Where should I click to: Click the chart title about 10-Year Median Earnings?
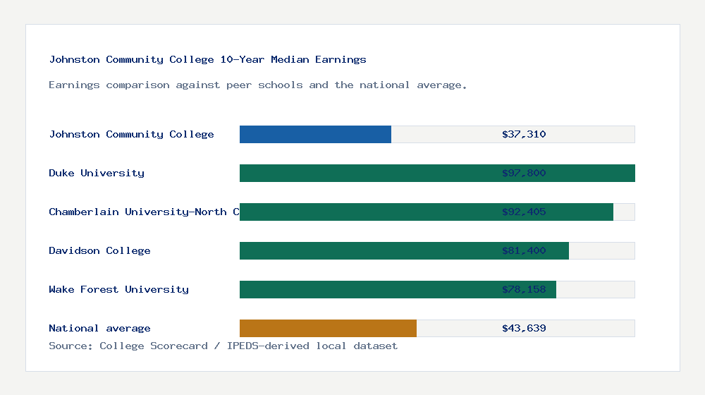coord(207,60)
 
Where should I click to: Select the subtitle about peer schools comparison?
coord(257,85)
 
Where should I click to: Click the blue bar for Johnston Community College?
coord(315,135)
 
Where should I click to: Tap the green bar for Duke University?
coord(367,174)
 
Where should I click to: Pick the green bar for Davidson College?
coord(367,251)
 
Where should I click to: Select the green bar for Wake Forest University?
coord(367,290)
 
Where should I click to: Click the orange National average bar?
coord(328,329)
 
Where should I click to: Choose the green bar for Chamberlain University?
coord(367,212)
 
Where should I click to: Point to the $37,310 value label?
coord(524,135)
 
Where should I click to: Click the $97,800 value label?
coord(524,174)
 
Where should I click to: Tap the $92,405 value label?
coord(524,212)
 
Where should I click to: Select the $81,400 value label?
coord(524,251)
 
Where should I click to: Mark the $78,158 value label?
coord(524,290)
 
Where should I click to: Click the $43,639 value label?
coord(524,329)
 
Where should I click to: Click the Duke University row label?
coord(97,174)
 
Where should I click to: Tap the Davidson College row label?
coord(99,251)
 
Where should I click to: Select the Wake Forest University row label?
coord(118,290)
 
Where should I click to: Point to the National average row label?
coord(99,329)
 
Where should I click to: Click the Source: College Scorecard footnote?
coord(223,346)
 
